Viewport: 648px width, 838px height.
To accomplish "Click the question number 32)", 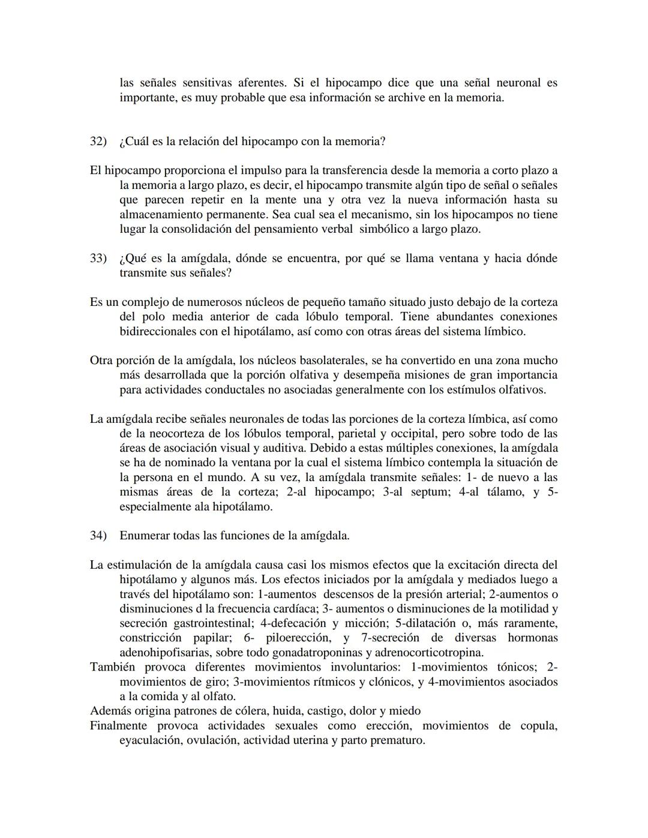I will point(98,142).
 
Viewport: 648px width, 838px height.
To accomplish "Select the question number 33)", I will point(98,259).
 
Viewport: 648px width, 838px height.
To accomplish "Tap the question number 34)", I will point(98,536).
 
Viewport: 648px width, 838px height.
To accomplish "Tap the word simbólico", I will point(388,229).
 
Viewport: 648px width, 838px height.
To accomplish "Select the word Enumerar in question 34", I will point(145,536).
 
